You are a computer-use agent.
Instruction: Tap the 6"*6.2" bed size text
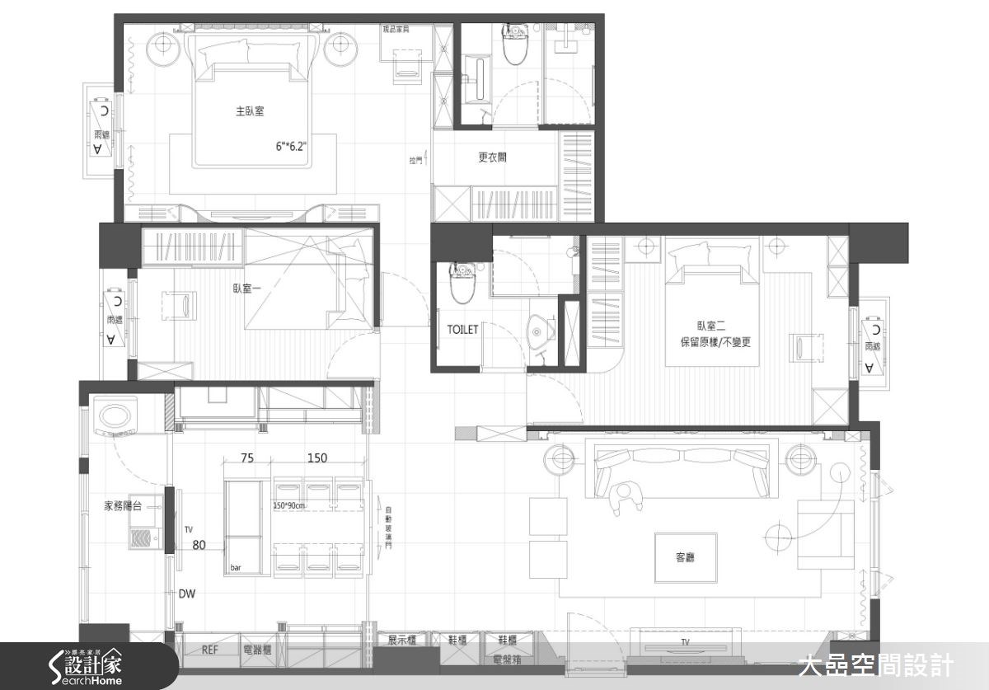point(291,147)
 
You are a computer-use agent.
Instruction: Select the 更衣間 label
point(492,157)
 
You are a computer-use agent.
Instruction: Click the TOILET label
point(462,329)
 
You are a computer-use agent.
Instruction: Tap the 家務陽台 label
point(122,506)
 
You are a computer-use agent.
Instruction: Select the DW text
point(186,594)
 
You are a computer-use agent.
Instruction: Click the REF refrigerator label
point(210,650)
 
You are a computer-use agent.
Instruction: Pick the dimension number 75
point(246,458)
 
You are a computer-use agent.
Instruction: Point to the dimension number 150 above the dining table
point(316,458)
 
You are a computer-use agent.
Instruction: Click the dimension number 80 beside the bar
point(199,544)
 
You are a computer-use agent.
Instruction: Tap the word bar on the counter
point(236,568)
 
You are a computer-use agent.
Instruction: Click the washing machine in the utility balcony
point(115,415)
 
